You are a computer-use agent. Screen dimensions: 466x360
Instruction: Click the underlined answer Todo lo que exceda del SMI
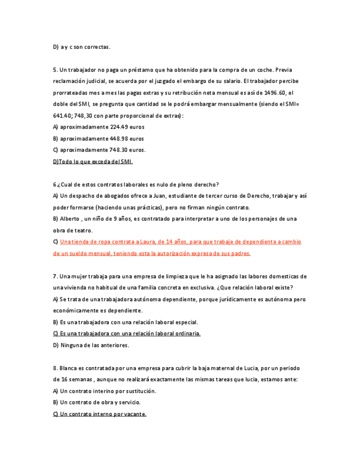(93, 162)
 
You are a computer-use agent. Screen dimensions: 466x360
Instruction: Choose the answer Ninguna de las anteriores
(91, 345)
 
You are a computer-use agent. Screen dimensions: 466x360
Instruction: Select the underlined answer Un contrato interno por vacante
(99, 414)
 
